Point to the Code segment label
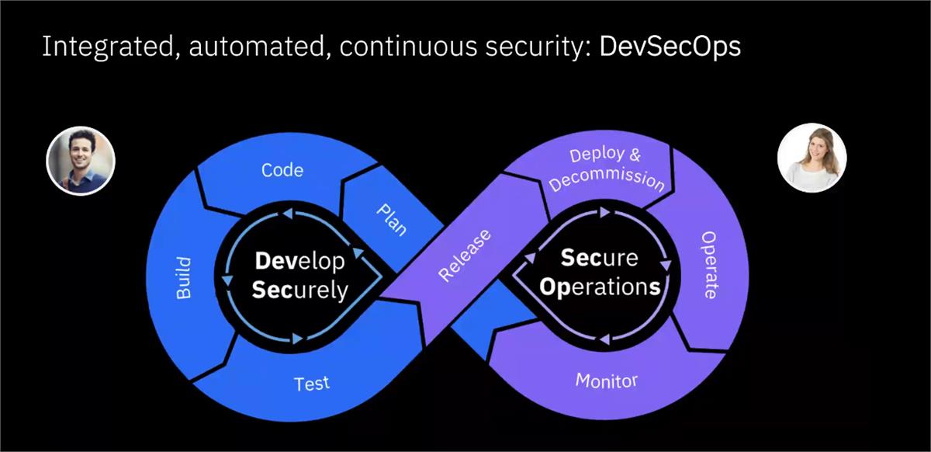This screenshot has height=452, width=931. [282, 169]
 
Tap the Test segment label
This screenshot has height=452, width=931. [312, 383]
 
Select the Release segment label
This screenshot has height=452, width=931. [465, 255]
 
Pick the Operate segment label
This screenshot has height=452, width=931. [709, 265]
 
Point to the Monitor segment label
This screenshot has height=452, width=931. [606, 381]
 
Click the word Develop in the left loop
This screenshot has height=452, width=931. [299, 261]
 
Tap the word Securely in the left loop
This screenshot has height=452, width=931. [301, 290]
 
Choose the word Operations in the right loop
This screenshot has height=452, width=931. [600, 287]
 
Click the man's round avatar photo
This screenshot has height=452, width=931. [81, 160]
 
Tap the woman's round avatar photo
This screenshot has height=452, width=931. [812, 158]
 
